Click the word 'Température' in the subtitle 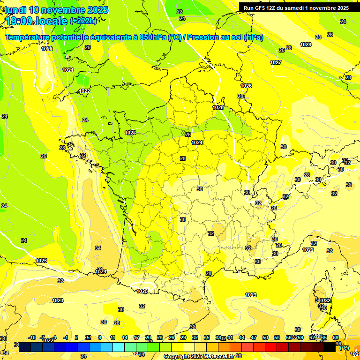[28, 37]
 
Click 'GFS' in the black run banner [262, 8]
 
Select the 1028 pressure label [306, 45]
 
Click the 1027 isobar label [276, 62]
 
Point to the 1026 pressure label [246, 86]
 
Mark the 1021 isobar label [68, 70]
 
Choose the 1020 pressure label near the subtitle [47, 49]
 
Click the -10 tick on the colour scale [32, 337]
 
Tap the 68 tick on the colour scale [336, 337]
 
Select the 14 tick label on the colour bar [125, 337]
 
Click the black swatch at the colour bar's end [330, 347]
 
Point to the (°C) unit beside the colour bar [344, 348]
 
